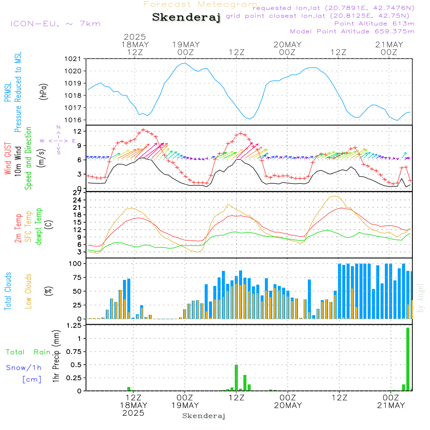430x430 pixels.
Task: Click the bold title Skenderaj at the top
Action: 186,18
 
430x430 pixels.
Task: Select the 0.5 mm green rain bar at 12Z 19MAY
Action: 236,378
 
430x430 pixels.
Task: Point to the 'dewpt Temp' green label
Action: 39,227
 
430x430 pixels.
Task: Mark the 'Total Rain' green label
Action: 28,352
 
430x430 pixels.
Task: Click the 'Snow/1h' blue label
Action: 24,368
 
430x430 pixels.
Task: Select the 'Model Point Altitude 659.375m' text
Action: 352,31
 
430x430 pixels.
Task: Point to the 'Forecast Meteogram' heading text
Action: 200,5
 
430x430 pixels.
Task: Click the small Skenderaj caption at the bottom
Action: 204,416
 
